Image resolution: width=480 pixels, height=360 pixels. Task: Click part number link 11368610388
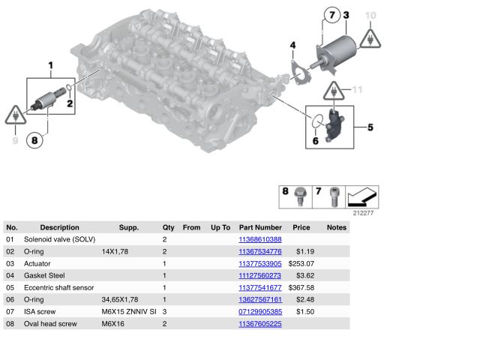260,239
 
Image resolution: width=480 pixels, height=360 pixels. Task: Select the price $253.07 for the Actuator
301,263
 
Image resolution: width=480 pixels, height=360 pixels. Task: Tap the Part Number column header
260,227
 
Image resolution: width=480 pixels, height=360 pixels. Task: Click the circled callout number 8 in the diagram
34,140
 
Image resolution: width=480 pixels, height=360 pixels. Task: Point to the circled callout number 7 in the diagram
332,15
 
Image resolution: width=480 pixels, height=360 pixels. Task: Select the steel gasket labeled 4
300,72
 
